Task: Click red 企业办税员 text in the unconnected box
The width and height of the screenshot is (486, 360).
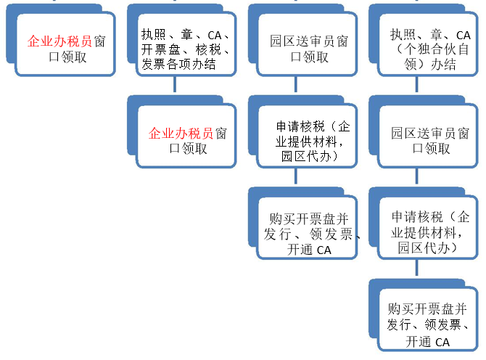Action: tap(59, 42)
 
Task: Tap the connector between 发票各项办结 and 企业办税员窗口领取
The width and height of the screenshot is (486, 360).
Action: tap(174, 86)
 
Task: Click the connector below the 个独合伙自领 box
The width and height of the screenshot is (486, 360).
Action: tap(416, 86)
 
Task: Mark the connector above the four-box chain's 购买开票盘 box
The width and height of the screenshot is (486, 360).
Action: tap(416, 269)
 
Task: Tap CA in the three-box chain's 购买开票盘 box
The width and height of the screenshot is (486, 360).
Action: tap(324, 250)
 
